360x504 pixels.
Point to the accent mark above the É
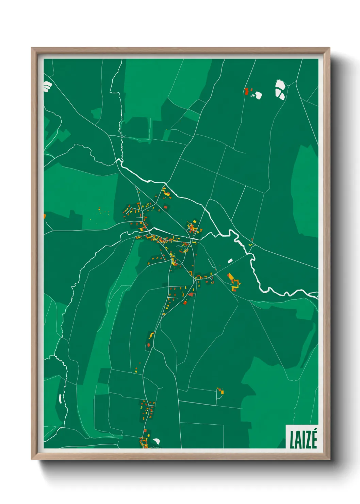coord(314,430)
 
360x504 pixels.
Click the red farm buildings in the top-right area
coord(246,91)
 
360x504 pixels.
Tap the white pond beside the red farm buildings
coord(258,95)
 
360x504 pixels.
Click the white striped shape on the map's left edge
coord(47,86)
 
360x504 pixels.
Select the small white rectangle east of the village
coord(230,261)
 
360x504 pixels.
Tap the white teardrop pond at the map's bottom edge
coord(156,441)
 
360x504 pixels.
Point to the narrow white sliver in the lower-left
coord(60,398)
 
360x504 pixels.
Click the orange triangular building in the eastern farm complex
coord(230,277)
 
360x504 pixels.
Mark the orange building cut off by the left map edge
coord(45,216)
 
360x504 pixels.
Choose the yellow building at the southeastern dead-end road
coord(222,392)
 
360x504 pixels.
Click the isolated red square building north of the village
coord(166,207)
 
